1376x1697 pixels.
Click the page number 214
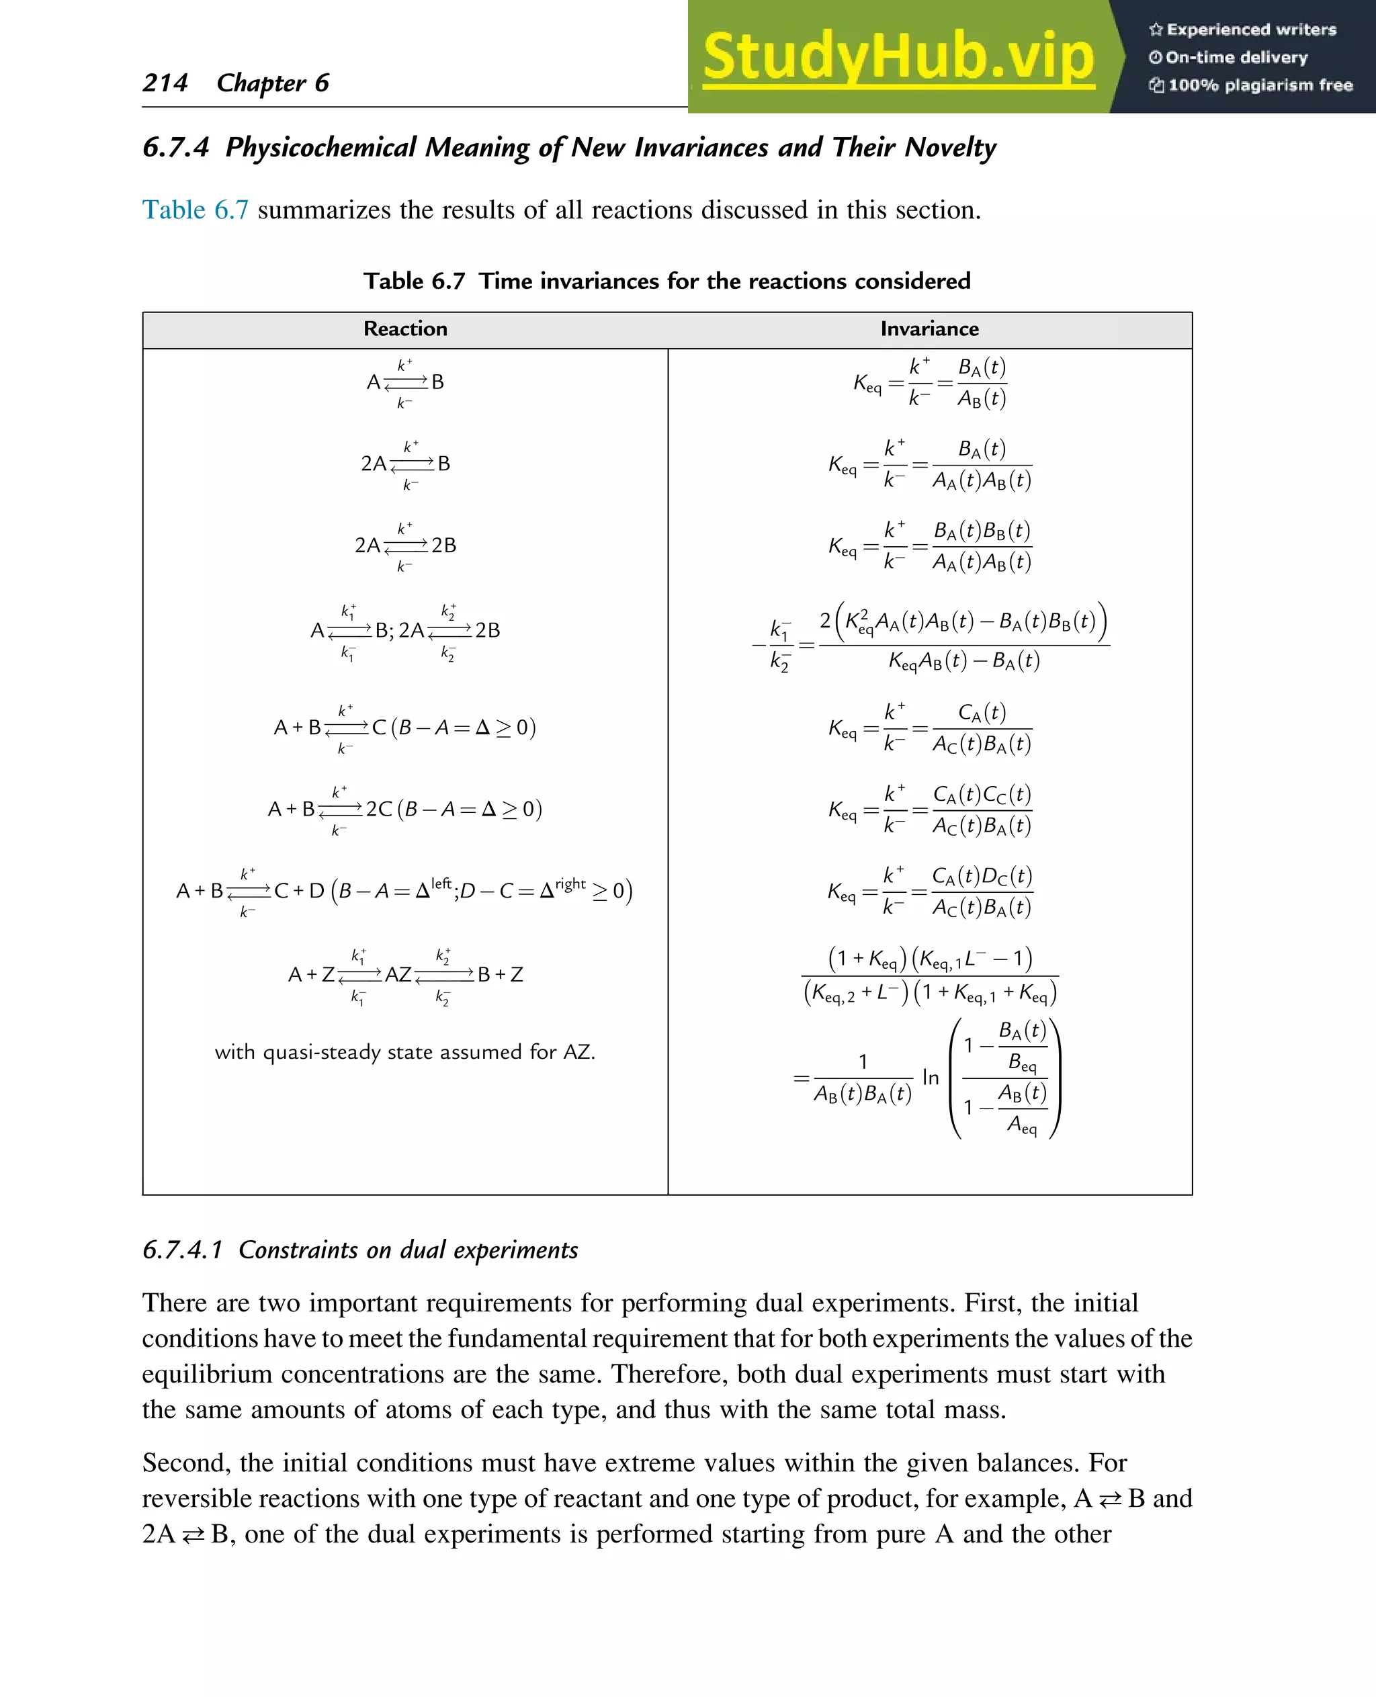click(x=165, y=83)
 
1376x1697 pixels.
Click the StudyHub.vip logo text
click(x=898, y=57)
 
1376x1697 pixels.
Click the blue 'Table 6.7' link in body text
click(x=195, y=210)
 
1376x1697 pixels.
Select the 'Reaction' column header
click(x=405, y=329)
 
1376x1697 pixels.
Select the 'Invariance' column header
click(x=929, y=329)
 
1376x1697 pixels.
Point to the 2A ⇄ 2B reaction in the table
click(x=405, y=546)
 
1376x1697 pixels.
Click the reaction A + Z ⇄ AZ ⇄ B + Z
click(x=405, y=974)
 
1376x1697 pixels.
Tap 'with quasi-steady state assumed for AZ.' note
click(x=405, y=1052)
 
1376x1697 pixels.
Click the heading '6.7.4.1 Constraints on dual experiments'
click(x=360, y=1250)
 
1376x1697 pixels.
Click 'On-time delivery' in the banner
click(x=1236, y=57)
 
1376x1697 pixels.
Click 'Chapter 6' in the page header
click(x=273, y=83)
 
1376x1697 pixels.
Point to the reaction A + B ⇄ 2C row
click(x=405, y=810)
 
